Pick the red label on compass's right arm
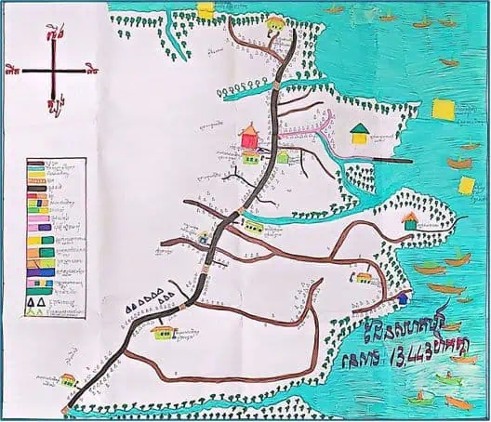(x=91, y=68)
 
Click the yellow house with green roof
(x=358, y=134)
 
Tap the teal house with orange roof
(x=410, y=220)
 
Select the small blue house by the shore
(x=402, y=299)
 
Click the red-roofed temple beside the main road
(x=248, y=136)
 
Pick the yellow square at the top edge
(x=206, y=8)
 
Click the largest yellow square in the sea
(x=445, y=109)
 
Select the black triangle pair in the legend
(x=38, y=301)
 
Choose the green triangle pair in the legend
(x=38, y=311)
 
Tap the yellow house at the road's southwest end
(x=68, y=379)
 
